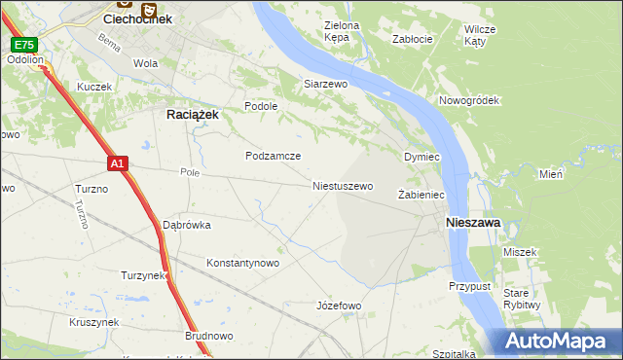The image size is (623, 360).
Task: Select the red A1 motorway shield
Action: (x=117, y=164)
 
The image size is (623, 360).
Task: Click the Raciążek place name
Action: (x=186, y=114)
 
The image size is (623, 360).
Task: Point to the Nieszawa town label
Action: (x=473, y=223)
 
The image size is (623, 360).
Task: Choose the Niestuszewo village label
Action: (x=343, y=185)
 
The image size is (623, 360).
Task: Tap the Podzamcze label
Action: (x=273, y=156)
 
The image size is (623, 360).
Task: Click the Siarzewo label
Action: (x=325, y=85)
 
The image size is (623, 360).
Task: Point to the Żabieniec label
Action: (x=421, y=196)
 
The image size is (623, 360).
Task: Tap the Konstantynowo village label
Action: (x=243, y=263)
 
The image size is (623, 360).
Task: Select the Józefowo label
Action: (x=339, y=306)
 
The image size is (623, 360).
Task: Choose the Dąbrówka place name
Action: (x=187, y=225)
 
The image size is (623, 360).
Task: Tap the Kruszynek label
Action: (x=93, y=322)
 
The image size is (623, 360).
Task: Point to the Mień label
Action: (x=551, y=174)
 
